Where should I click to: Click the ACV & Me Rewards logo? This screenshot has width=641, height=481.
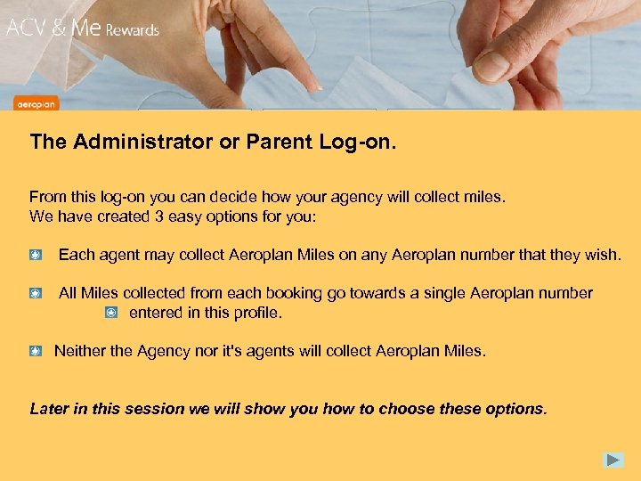pos(83,28)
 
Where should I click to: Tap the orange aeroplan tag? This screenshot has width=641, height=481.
pos(36,104)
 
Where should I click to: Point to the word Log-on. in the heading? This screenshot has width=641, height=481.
pos(357,142)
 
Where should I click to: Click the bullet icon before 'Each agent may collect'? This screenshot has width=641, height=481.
pos(35,256)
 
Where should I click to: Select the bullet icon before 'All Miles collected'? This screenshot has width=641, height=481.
pos(35,293)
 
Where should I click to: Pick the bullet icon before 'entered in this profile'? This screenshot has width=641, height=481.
pos(110,313)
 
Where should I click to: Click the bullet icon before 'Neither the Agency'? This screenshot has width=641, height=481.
pos(35,351)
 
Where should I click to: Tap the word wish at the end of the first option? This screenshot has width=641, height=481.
pos(601,256)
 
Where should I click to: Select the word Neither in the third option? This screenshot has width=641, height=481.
pos(79,351)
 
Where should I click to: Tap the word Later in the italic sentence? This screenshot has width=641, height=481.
pos(48,410)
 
